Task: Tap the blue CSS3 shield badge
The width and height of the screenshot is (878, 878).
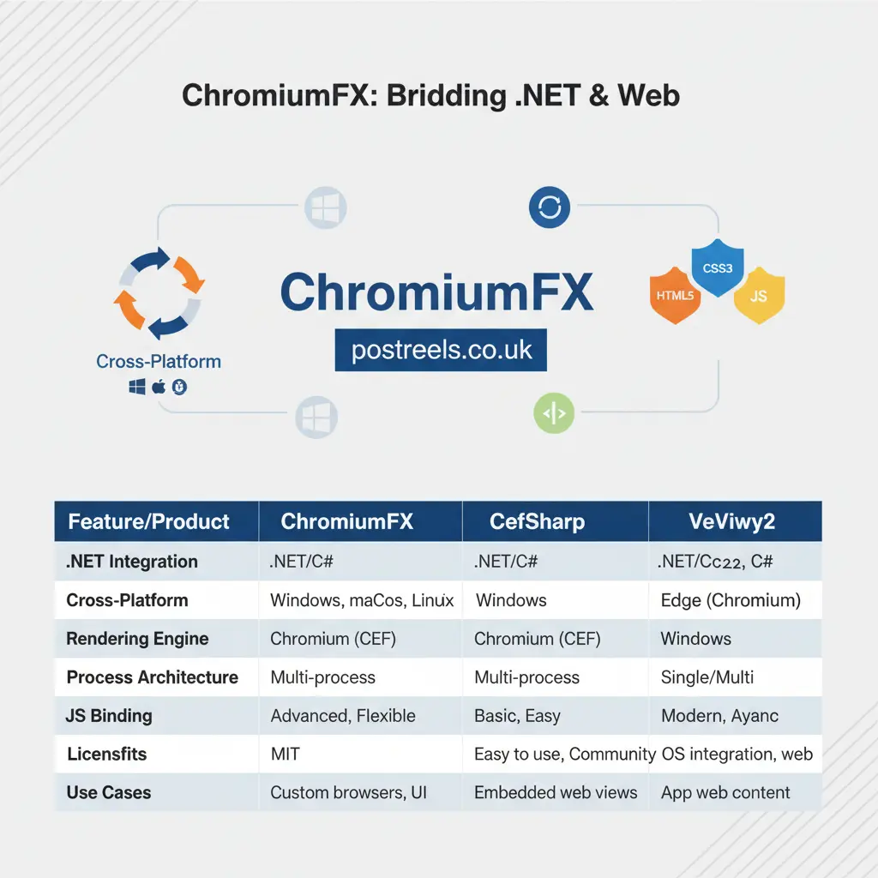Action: [717, 269]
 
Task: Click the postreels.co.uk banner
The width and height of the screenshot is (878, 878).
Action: [441, 350]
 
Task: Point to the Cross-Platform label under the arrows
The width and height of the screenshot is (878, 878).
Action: [159, 361]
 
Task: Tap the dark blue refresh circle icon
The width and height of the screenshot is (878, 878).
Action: [550, 207]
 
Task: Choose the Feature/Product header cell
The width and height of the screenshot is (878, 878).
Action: [149, 522]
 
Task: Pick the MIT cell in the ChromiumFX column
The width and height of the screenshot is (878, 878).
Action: [285, 755]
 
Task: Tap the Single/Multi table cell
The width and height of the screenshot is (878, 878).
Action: [707, 677]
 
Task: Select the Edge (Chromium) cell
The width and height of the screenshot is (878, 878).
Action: [731, 600]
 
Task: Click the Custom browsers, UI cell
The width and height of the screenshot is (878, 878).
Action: [348, 793]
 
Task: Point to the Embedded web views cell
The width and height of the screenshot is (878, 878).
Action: [556, 793]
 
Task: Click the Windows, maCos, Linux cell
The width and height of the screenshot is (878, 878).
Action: [362, 600]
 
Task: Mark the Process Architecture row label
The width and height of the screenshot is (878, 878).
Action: [153, 677]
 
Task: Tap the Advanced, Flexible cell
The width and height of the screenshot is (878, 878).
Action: [343, 716]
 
